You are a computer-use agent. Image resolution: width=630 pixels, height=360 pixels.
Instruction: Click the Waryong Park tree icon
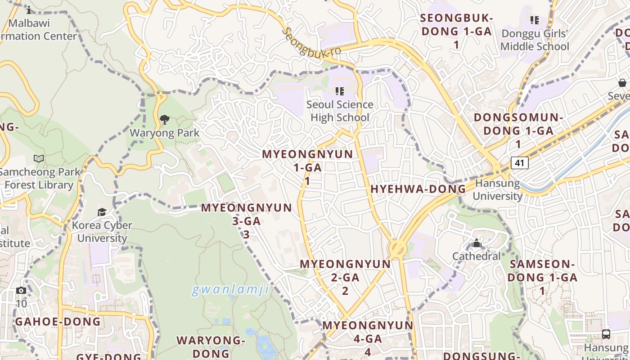(x=165, y=120)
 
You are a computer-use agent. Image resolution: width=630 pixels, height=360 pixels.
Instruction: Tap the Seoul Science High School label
(x=340, y=111)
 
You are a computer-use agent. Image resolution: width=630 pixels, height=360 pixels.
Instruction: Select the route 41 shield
(x=519, y=162)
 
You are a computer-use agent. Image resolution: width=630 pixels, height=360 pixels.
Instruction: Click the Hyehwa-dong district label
(x=418, y=189)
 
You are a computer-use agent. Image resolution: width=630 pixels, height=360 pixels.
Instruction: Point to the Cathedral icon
(x=477, y=244)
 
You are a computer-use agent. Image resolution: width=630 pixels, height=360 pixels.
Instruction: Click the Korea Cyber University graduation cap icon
(x=102, y=212)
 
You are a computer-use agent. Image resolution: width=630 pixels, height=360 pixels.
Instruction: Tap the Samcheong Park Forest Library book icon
(x=39, y=158)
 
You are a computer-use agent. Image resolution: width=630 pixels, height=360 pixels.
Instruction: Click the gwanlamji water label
(x=230, y=289)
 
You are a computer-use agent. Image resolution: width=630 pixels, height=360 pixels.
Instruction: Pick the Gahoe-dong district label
(x=58, y=322)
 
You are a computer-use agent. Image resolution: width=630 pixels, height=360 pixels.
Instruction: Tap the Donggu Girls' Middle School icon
(x=535, y=20)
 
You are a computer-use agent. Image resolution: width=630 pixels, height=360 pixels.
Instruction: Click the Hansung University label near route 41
(x=497, y=189)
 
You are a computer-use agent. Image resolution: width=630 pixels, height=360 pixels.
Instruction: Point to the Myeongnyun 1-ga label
(x=308, y=167)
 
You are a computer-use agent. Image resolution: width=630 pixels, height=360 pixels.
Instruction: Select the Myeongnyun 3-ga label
(x=247, y=220)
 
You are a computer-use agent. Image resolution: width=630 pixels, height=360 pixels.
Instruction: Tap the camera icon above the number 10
(x=21, y=291)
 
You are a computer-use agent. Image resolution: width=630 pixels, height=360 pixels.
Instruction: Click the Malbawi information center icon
(x=29, y=10)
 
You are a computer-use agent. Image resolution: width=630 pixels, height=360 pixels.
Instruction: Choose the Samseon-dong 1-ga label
(x=542, y=277)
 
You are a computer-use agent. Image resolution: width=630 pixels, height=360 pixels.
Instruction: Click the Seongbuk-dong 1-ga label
(x=456, y=31)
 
